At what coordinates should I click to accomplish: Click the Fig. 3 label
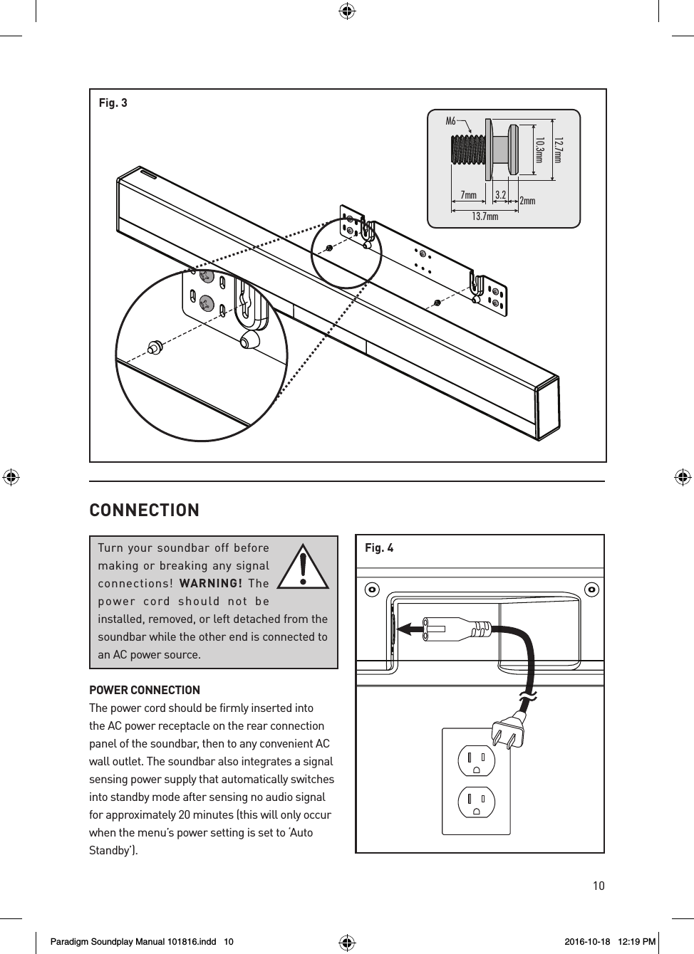click(113, 103)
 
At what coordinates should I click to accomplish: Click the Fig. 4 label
click(378, 548)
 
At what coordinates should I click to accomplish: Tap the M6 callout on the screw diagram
click(450, 121)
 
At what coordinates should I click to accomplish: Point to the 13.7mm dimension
click(485, 216)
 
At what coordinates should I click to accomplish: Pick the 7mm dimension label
click(468, 195)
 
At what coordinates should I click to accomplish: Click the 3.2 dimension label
click(500, 194)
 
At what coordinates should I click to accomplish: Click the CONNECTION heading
click(144, 510)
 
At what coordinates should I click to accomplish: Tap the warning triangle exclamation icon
click(303, 567)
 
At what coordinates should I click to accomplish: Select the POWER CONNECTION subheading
click(144, 690)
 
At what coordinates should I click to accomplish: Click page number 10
click(598, 886)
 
